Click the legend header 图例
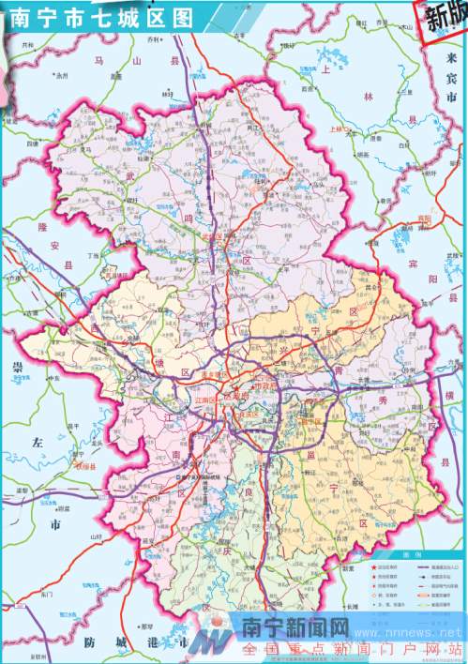[404, 555]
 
